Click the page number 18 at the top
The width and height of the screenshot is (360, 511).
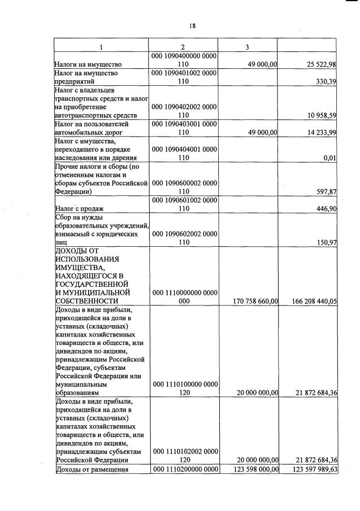[192, 26]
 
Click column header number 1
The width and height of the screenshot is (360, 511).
[101, 47]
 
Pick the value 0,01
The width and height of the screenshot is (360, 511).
[331, 158]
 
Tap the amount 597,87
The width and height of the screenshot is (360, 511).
[326, 192]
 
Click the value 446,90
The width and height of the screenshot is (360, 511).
[326, 208]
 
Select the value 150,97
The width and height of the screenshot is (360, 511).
[326, 242]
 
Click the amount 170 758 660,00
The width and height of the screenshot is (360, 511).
[255, 302]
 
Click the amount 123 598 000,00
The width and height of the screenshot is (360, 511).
[255, 469]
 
